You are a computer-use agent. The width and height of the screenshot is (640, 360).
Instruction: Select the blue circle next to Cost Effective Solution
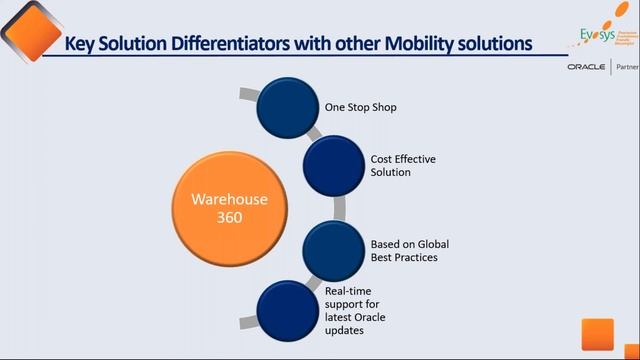pos(333,166)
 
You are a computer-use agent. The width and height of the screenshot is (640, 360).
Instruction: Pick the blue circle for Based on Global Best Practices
pos(333,251)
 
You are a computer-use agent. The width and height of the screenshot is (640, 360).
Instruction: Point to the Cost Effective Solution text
pos(375,166)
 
